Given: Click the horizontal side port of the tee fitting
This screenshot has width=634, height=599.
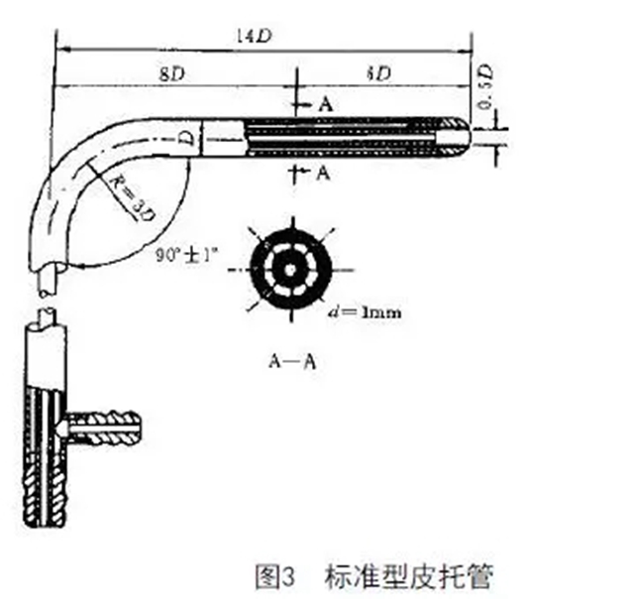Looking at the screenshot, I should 109,427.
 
